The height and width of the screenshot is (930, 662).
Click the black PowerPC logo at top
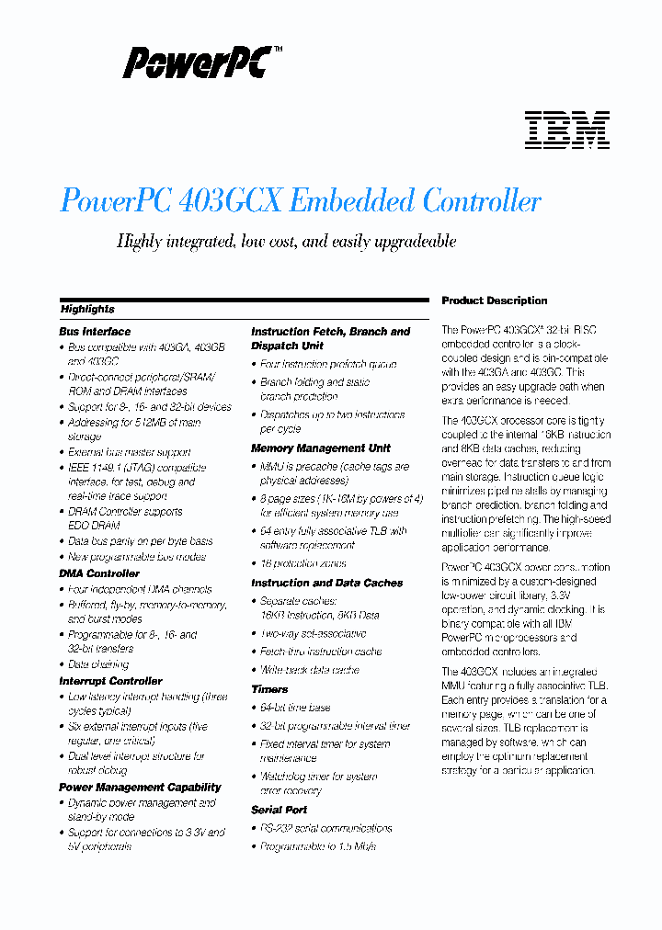[x=199, y=63]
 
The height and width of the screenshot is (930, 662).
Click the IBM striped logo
[x=566, y=130]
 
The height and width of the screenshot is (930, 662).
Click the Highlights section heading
[x=87, y=310]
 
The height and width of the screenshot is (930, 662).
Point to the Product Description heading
[x=494, y=301]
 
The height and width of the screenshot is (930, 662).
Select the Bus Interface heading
[x=95, y=332]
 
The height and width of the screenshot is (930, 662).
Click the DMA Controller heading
[x=98, y=573]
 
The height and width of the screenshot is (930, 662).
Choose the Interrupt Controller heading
[x=110, y=681]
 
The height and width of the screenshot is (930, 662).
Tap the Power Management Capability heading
[x=140, y=788]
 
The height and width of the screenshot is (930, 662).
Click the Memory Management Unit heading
[x=320, y=448]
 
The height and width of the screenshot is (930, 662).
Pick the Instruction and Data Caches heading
[x=326, y=583]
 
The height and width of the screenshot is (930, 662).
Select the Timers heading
[x=269, y=688]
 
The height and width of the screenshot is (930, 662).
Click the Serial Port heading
[x=279, y=810]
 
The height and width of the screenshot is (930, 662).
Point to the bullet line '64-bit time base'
[x=295, y=708]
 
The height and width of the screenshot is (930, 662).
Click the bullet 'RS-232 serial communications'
[x=325, y=828]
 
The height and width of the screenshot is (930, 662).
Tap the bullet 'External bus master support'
[x=129, y=452]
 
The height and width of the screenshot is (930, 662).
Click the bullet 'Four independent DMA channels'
[x=140, y=589]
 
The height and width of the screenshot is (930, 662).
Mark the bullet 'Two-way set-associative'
[x=313, y=633]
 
